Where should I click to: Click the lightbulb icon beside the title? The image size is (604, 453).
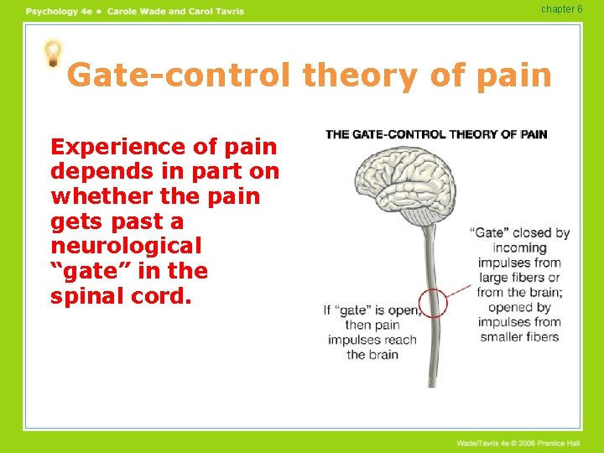[x=53, y=54]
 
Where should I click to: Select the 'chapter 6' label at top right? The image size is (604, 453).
[x=561, y=9]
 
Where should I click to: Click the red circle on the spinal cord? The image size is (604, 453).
[x=433, y=301]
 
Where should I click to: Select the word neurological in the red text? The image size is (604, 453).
[x=126, y=247]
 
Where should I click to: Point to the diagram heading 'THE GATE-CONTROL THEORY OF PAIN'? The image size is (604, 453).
[x=435, y=134]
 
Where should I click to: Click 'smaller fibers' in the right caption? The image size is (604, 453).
[x=519, y=337]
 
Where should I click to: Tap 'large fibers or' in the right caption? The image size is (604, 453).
[x=519, y=278]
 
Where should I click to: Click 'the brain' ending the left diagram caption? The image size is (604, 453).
[x=372, y=355]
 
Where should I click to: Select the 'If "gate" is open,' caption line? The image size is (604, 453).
[x=372, y=310]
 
